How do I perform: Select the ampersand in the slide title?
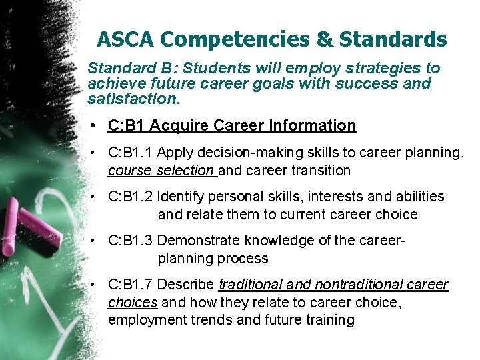[x=324, y=40]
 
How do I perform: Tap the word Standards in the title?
[x=393, y=40]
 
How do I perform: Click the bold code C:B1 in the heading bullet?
[x=126, y=125]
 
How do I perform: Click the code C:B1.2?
[x=130, y=197]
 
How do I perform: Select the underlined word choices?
[x=132, y=303]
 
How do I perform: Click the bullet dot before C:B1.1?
[x=97, y=153]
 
